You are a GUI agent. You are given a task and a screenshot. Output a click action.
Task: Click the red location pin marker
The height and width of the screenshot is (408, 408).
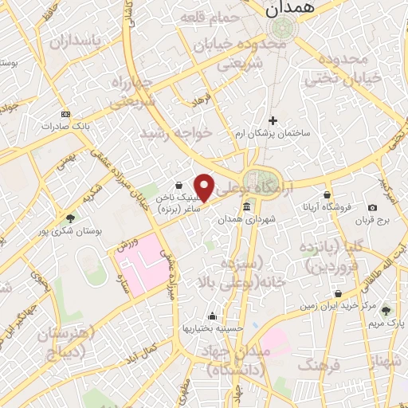pyautogui.click(x=204, y=187)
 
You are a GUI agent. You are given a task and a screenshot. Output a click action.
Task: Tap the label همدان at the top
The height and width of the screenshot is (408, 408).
pyautogui.click(x=287, y=9)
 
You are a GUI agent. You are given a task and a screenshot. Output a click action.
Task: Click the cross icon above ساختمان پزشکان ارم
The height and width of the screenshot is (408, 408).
pyautogui.click(x=273, y=120)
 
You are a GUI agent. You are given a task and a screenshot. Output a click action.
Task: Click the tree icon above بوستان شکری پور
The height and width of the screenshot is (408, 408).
pyautogui.click(x=71, y=218)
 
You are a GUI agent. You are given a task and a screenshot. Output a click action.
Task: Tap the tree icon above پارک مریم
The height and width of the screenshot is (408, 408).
pyautogui.click(x=386, y=311)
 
